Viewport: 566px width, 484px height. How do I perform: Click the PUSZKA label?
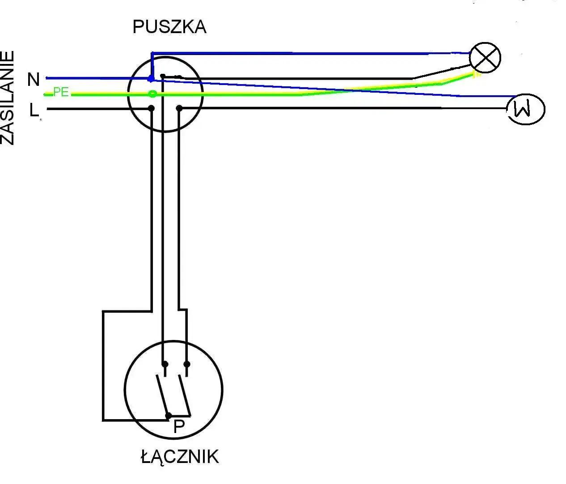click(x=169, y=27)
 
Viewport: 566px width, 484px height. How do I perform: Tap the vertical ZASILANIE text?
click(x=8, y=98)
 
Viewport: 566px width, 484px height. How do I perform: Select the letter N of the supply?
click(x=34, y=80)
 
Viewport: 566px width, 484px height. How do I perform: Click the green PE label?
click(x=61, y=92)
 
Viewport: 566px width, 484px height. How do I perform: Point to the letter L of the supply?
click(x=34, y=110)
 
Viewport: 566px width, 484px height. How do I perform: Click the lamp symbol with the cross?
click(x=485, y=58)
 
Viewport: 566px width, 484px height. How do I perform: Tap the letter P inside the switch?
click(x=179, y=427)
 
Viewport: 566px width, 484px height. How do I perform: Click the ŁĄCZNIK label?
click(x=180, y=457)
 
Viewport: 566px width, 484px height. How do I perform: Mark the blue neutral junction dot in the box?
click(x=151, y=79)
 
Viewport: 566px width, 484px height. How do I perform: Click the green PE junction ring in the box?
click(x=152, y=94)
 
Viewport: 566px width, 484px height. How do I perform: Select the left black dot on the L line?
click(x=152, y=108)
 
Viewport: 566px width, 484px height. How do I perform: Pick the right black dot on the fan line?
click(x=179, y=108)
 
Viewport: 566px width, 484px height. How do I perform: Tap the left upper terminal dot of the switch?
click(x=165, y=364)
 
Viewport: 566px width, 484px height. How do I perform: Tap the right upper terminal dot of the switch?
click(x=187, y=364)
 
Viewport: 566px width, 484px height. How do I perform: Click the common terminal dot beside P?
click(x=169, y=416)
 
